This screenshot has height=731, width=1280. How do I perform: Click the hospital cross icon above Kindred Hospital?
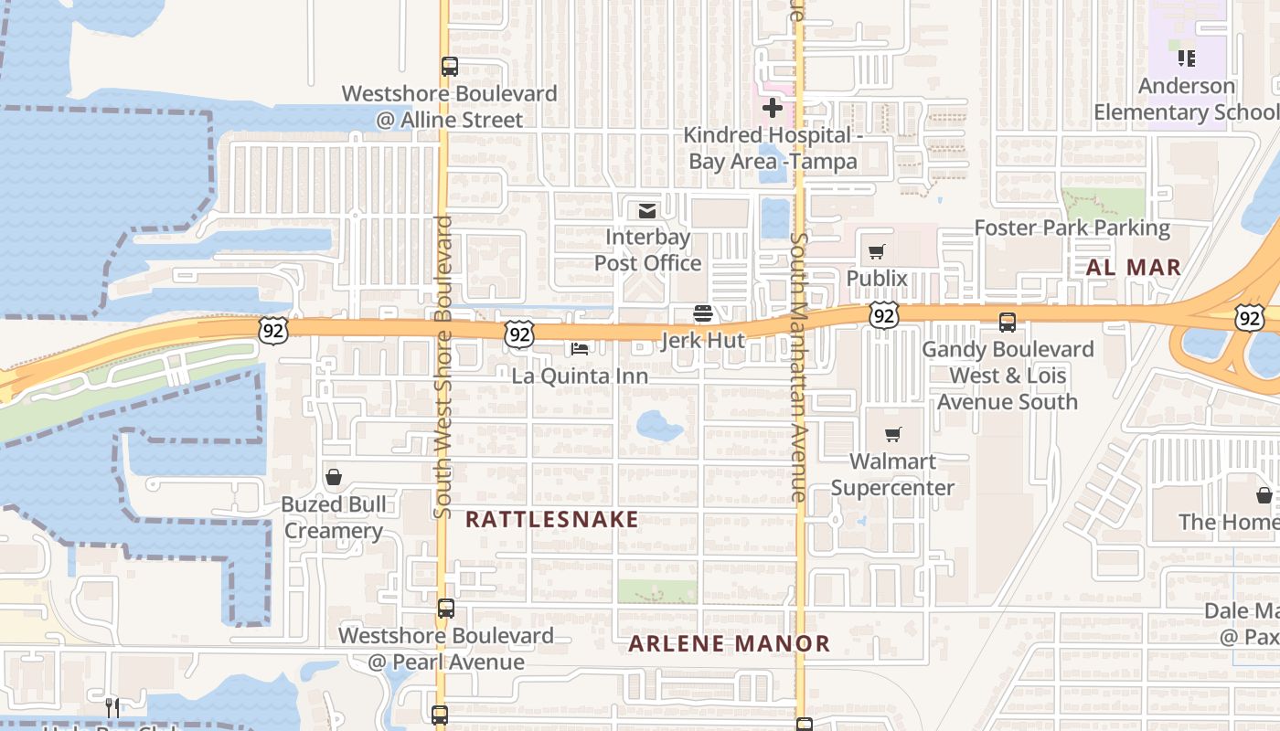coord(773,109)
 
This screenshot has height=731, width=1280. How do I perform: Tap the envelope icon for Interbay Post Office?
coord(647,211)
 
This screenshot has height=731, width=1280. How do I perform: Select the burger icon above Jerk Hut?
coord(702,314)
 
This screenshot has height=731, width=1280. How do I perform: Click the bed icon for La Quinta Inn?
coord(580,348)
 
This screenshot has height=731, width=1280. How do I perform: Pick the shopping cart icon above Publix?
coord(877,251)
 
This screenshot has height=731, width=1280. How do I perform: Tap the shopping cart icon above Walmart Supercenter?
coord(892,435)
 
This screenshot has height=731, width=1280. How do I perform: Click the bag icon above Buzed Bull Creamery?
coord(334,477)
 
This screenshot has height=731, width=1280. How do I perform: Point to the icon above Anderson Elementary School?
coord(1187,58)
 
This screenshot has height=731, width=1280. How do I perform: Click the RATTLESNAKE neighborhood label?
coord(552,519)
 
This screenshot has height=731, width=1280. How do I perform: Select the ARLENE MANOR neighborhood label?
coord(729,643)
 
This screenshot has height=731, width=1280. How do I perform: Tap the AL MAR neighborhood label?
coord(1133,268)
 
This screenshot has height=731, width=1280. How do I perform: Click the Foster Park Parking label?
coord(1072,228)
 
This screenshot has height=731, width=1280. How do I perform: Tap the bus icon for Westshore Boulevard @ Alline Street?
coord(449,67)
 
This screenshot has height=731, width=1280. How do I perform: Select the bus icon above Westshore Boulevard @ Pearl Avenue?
coord(445,609)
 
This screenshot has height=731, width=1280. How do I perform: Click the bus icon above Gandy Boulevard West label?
coord(1007,323)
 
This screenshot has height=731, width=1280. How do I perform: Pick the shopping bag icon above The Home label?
coord(1264,495)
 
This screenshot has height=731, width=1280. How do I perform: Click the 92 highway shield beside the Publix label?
coord(883,316)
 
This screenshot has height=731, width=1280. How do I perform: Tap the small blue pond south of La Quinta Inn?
coord(659,425)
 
